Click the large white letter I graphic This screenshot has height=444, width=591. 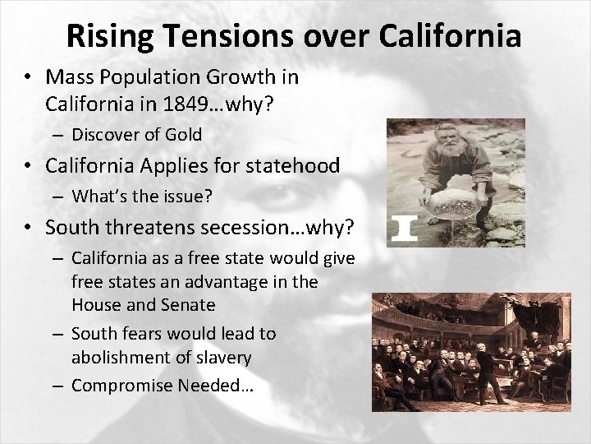click(403, 228)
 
